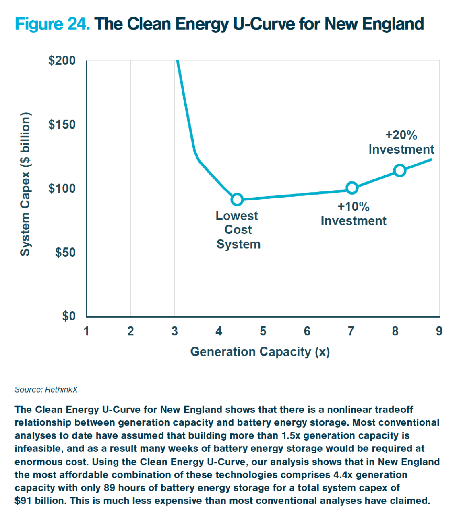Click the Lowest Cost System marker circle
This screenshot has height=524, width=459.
[x=237, y=199]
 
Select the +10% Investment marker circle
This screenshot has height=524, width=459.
[x=352, y=188]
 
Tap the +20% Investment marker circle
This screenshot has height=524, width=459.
[x=399, y=171]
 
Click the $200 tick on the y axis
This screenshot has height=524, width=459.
[x=62, y=61]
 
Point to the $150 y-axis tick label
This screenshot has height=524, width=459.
[x=62, y=125]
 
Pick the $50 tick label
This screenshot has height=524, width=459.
[x=65, y=253]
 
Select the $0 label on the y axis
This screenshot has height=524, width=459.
[x=69, y=316]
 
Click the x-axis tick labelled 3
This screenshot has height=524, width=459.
[x=174, y=331]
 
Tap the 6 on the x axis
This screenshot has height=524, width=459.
[x=307, y=331]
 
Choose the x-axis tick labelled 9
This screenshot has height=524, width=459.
[x=439, y=331]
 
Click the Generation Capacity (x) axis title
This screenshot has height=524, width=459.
[x=260, y=352]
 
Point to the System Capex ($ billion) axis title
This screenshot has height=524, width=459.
[x=25, y=184]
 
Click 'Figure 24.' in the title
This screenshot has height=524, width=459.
[x=52, y=24]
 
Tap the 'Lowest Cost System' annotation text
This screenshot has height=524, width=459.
[x=238, y=230]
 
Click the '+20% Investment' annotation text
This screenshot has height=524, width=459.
[x=401, y=142]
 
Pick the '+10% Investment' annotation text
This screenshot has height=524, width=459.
[x=354, y=214]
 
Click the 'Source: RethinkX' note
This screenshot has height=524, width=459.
[x=46, y=389]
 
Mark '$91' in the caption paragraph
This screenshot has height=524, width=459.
[x=23, y=501]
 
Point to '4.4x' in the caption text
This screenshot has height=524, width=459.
[x=343, y=475]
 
